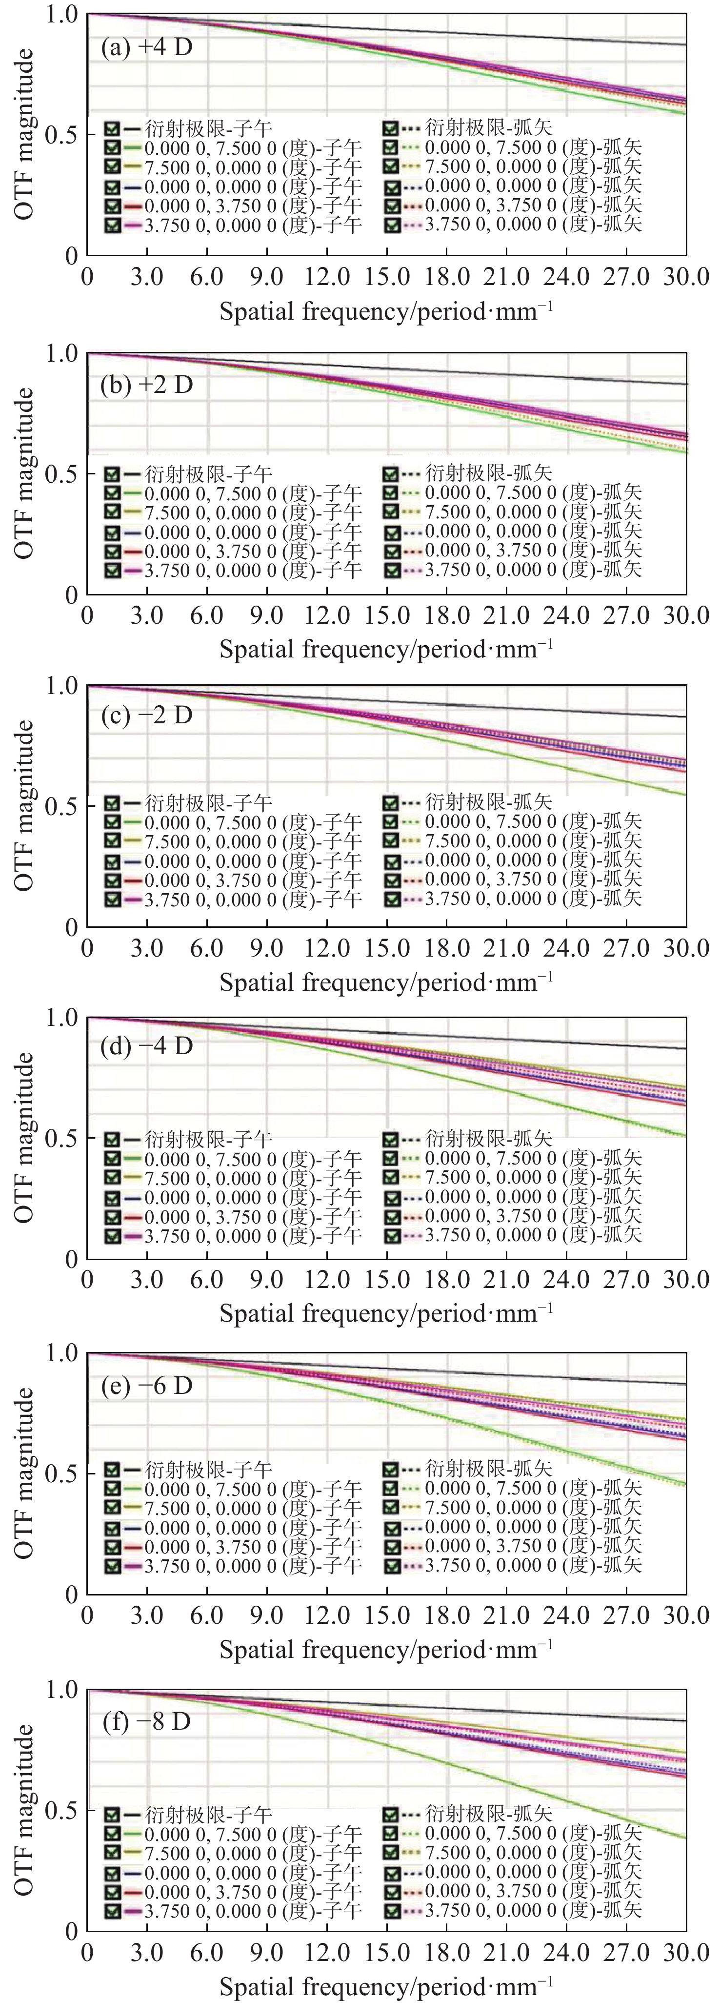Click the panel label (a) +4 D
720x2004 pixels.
coord(146,47)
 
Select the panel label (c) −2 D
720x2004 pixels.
coord(146,715)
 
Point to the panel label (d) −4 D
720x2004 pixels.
coord(146,1045)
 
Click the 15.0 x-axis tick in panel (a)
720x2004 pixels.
coord(386,277)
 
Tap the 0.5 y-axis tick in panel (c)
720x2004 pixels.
coord(60,806)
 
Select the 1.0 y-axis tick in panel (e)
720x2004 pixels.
coord(60,1353)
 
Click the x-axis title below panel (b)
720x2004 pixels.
coord(386,649)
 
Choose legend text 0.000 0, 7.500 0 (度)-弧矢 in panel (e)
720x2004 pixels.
coord(533,1488)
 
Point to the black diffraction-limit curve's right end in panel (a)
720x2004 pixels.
coord(684,45)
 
